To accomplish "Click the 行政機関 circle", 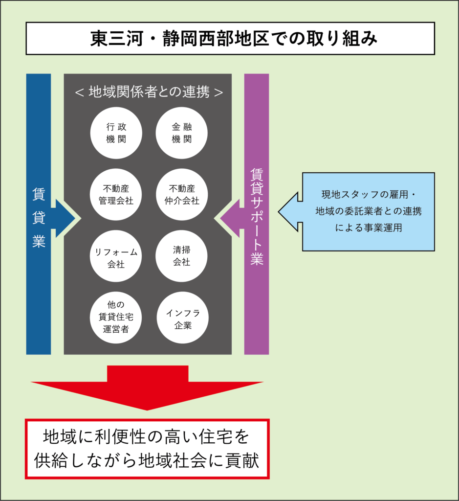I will tap(116, 133).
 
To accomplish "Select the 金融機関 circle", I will tap(182, 133).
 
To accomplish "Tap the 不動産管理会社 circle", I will tap(116, 194).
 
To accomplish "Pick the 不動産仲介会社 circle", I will tap(182, 194).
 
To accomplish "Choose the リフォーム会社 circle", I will tap(116, 256).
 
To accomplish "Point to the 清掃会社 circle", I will tap(182, 256).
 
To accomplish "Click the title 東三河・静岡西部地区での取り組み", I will tap(230, 38).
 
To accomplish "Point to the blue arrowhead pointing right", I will tap(66, 218).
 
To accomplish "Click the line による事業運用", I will tap(368, 227).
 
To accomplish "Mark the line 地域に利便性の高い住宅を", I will tap(147, 436).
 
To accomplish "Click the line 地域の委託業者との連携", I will tap(368, 211).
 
